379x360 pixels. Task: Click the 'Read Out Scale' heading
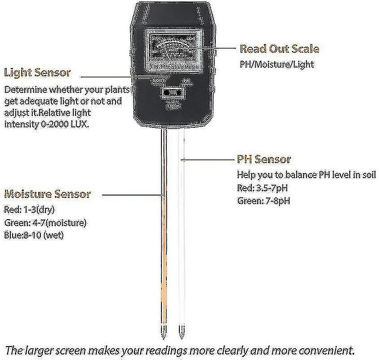point(279,49)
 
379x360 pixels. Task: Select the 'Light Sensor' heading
point(37,72)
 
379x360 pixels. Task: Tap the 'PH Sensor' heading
point(264,159)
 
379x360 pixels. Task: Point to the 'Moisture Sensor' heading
point(48,194)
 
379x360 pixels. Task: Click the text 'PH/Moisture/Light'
point(276,64)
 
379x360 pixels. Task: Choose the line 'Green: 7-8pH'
point(263,201)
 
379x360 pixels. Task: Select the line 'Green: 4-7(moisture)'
point(45,222)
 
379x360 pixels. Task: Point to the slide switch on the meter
point(172,92)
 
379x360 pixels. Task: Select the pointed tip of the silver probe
point(182,335)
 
